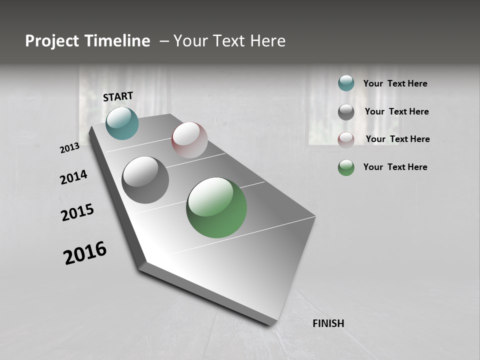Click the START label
118,96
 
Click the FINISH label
328,323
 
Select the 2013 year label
69,148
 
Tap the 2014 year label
73,177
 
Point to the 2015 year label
77,212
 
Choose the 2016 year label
85,253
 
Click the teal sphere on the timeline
122,123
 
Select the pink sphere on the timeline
189,139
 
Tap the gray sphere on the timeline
145,179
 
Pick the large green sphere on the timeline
216,207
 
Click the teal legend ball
346,83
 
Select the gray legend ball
346,112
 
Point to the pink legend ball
346,139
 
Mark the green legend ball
346,167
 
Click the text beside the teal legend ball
395,84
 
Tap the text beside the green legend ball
395,167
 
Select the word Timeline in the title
118,41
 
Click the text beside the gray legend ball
396,111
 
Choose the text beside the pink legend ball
397,139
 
